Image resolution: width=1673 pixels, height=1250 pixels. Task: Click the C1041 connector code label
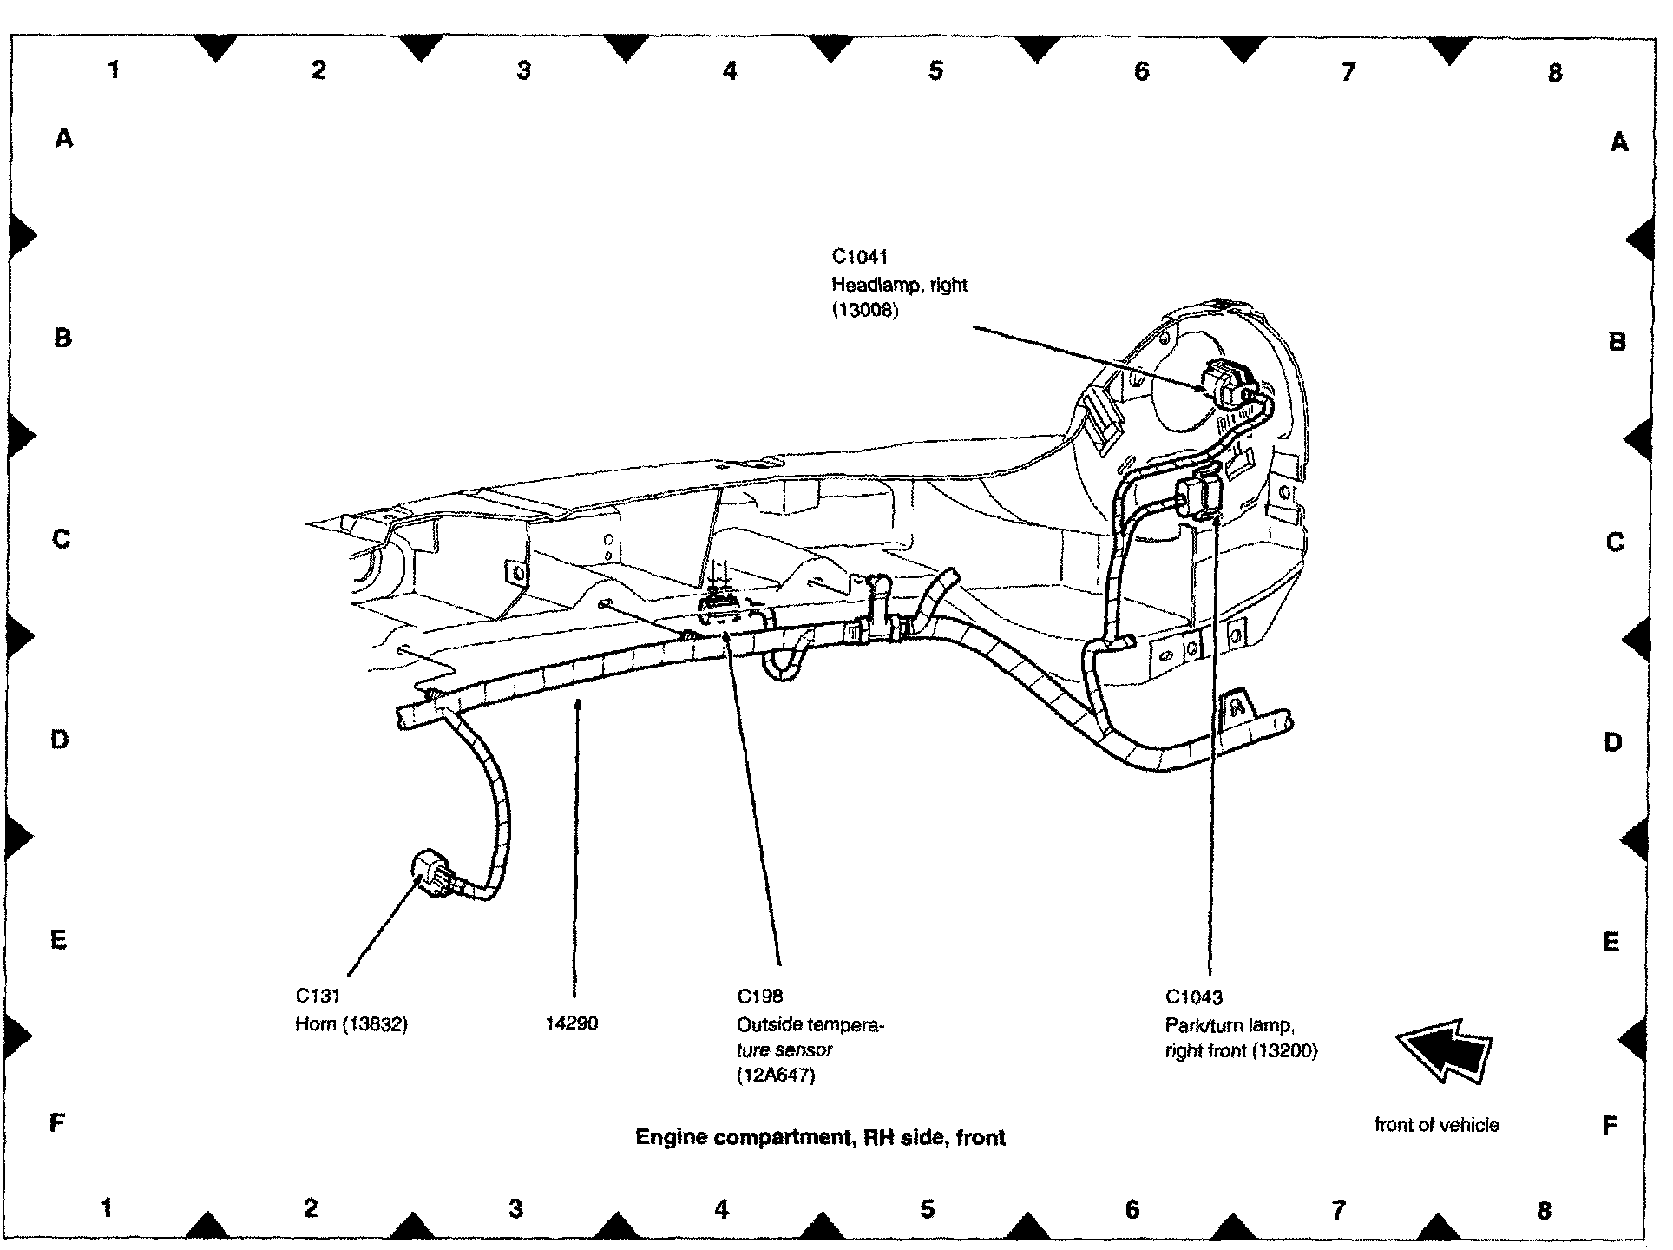point(859,257)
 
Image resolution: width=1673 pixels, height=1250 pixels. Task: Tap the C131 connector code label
point(318,996)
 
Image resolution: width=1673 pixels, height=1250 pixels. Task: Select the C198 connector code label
point(759,997)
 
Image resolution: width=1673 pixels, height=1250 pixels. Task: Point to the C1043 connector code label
point(1193,997)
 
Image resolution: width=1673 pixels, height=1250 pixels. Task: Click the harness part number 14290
point(571,1023)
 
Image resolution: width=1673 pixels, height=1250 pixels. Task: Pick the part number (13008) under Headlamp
point(864,311)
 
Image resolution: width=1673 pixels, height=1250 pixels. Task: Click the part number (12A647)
point(776,1076)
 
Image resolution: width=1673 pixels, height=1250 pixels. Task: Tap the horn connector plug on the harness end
point(431,876)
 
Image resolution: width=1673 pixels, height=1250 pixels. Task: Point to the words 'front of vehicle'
point(1436,1125)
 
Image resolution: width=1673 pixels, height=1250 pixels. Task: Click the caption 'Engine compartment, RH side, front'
point(820,1137)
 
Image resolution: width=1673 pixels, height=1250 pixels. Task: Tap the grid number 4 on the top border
point(729,71)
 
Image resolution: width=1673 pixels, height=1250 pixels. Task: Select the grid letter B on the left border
point(62,338)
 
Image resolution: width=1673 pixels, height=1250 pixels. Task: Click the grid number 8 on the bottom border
point(1543,1209)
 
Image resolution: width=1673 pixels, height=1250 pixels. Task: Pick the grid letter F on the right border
point(1610,1126)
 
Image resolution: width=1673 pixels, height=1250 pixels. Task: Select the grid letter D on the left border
point(59,740)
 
